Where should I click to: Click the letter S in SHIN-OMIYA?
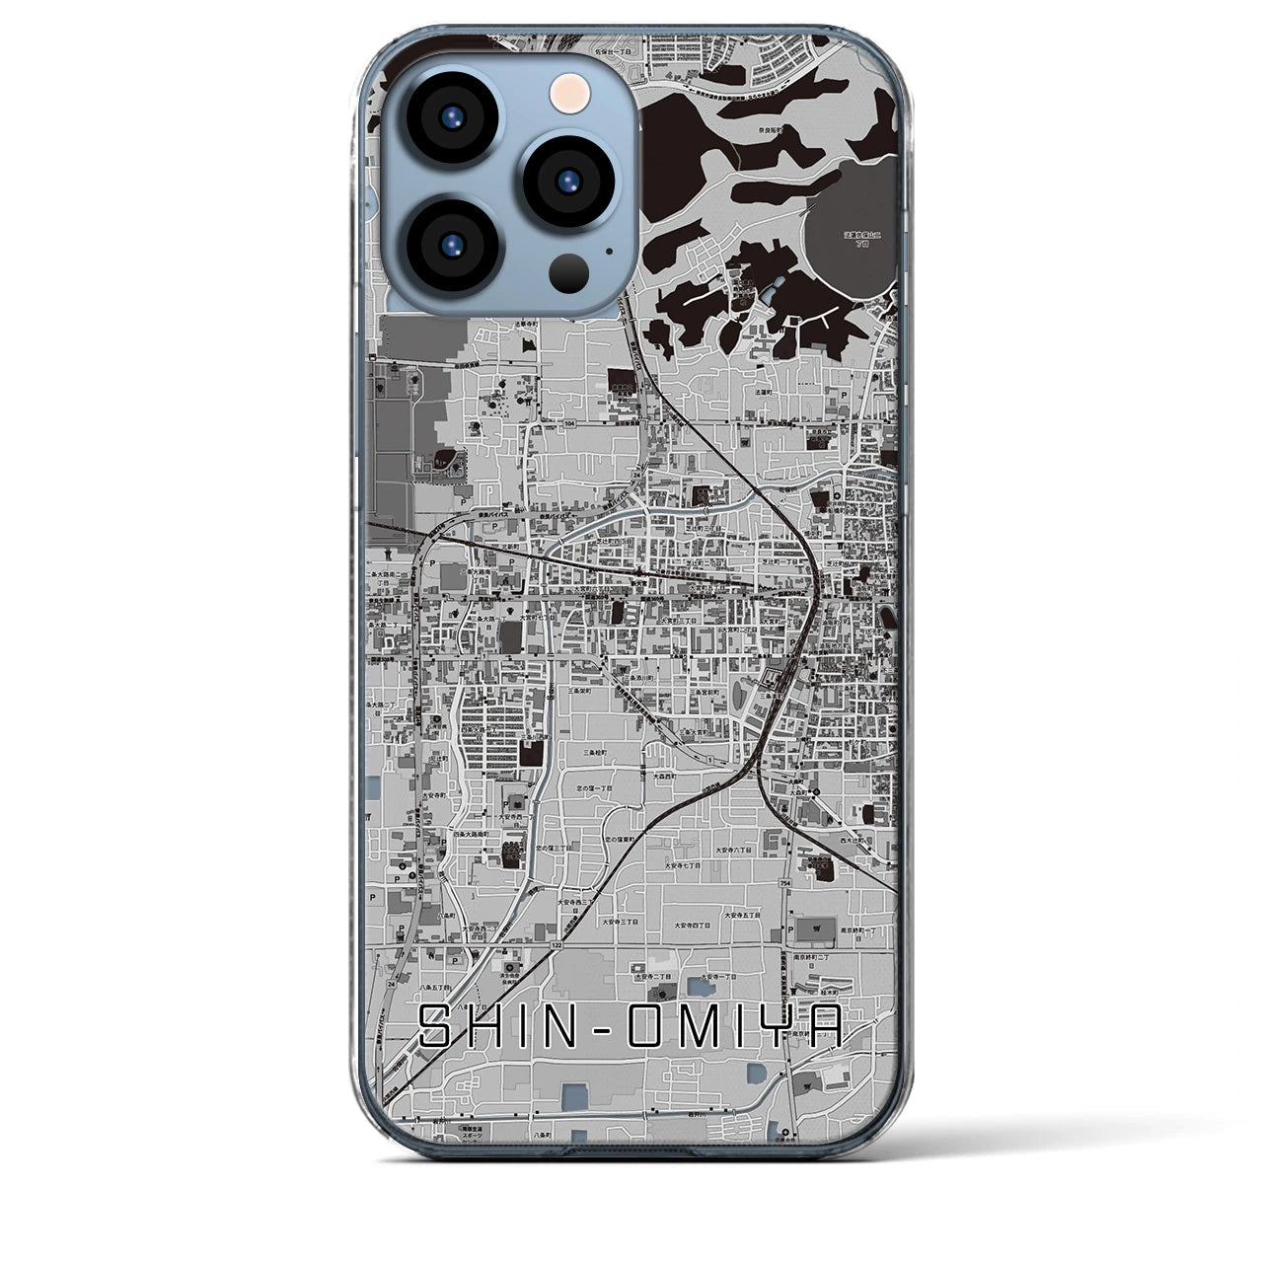pos(439,1029)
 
